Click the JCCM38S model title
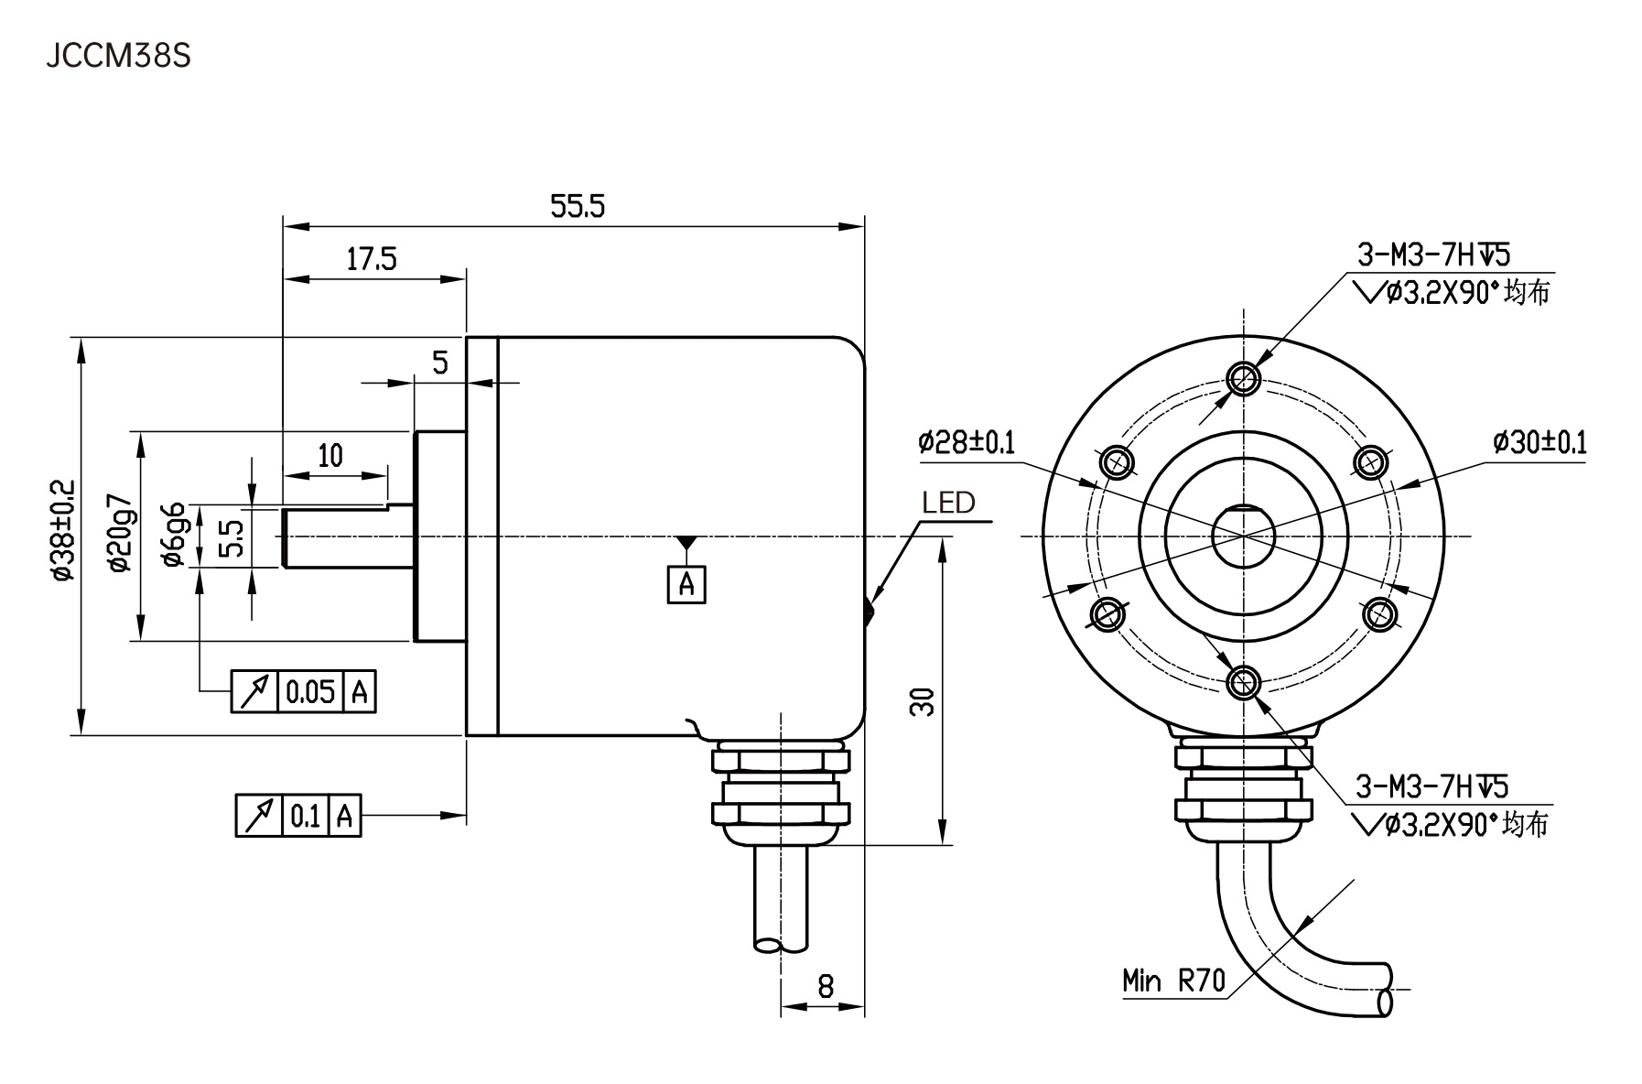pos(119,58)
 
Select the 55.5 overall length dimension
pos(577,207)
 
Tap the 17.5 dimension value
pos(371,260)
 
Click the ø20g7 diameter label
pos(120,536)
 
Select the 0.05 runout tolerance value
pos(310,691)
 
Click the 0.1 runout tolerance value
pos(305,815)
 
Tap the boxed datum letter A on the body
pos(686,584)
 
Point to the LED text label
pos(948,503)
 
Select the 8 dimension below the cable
pos(825,986)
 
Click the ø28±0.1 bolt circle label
pos(967,443)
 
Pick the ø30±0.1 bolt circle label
pos(1539,443)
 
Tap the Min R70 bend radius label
pos(1173,981)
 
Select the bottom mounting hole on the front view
pos(1243,679)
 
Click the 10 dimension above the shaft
pos(329,455)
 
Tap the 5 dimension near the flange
pos(440,363)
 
